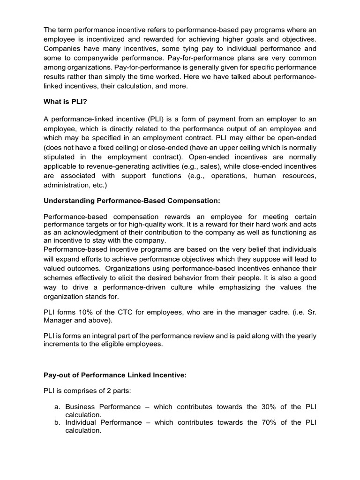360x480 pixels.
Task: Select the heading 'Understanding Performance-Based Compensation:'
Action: (132, 201)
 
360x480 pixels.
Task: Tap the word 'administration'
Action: (66, 185)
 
